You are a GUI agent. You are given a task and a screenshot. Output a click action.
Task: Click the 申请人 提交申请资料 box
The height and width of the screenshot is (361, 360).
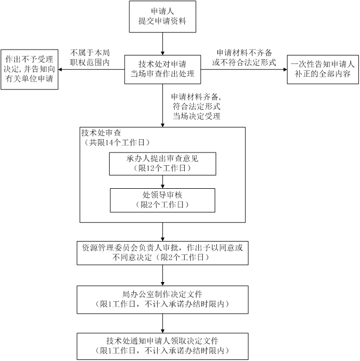pyautogui.click(x=162, y=17)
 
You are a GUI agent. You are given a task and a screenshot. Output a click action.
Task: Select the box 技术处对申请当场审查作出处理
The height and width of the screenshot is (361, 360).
pyautogui.click(x=162, y=69)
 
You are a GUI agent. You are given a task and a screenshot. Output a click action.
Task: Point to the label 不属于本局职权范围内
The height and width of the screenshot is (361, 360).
pyautogui.click(x=90, y=58)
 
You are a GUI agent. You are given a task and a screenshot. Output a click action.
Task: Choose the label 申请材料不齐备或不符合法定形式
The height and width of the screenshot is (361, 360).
pyautogui.click(x=244, y=58)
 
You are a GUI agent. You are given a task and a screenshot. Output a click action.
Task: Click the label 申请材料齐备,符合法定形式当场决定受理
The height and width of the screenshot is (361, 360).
pyautogui.click(x=197, y=107)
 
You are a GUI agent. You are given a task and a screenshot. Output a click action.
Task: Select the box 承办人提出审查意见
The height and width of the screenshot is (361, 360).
pyautogui.click(x=162, y=164)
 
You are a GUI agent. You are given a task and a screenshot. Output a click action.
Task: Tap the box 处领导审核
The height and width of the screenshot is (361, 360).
pyautogui.click(x=162, y=199)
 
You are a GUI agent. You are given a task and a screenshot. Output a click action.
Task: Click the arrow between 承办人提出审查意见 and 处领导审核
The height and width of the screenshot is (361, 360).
pyautogui.click(x=162, y=181)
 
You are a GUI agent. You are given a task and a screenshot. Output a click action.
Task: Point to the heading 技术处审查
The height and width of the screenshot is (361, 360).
pyautogui.click(x=104, y=133)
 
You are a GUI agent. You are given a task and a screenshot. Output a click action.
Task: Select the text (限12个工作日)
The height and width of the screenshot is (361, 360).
pyautogui.click(x=162, y=169)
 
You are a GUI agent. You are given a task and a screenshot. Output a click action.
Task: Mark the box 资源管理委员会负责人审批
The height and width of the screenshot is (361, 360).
pyautogui.click(x=162, y=253)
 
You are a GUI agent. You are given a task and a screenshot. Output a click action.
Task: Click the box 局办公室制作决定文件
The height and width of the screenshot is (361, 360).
pyautogui.click(x=162, y=299)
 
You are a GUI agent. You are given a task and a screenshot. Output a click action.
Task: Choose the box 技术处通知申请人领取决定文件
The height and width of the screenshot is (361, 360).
pyautogui.click(x=162, y=346)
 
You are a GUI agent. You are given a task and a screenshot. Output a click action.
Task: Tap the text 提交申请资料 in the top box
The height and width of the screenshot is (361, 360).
pyautogui.click(x=162, y=22)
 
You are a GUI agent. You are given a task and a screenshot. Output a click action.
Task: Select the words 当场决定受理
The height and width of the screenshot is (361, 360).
pyautogui.click(x=197, y=116)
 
